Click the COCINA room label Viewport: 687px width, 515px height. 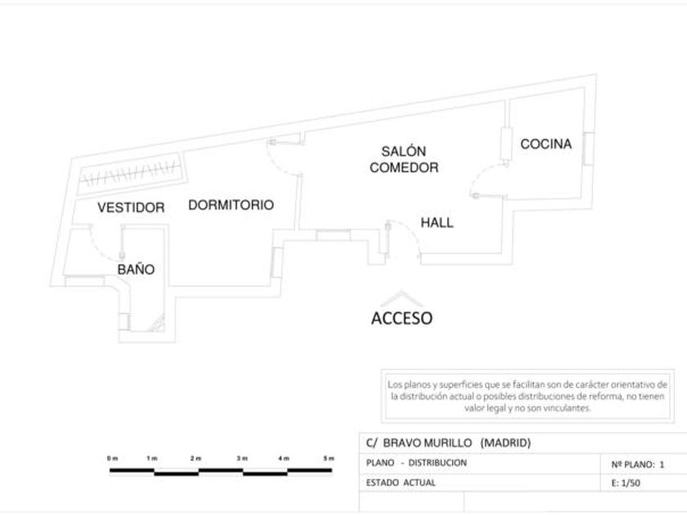(546, 145)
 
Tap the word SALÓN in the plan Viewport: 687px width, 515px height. (404, 151)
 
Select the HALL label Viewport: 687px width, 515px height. (437, 222)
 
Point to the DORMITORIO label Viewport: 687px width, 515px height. (231, 205)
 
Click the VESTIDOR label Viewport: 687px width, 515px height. (131, 208)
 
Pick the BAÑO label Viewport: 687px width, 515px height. (136, 269)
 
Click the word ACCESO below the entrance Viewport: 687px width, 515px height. (402, 319)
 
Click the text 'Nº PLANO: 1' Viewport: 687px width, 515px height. (638, 463)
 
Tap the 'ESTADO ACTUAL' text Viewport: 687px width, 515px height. (401, 482)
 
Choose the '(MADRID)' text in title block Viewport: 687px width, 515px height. (505, 443)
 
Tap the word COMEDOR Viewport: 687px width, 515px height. (404, 168)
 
